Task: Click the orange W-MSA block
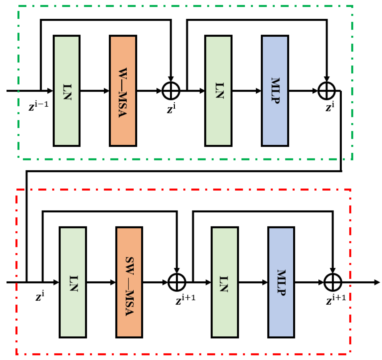click(x=123, y=91)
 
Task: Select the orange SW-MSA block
click(x=129, y=282)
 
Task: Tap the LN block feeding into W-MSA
click(x=67, y=91)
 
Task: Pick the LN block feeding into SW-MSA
click(x=73, y=282)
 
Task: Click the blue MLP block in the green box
click(x=275, y=91)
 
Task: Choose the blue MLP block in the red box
click(x=281, y=282)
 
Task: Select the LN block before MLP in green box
click(x=218, y=91)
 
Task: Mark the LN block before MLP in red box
click(x=225, y=282)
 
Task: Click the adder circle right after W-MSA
click(x=171, y=91)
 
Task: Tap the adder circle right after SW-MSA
click(x=177, y=282)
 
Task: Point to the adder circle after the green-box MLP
click(x=327, y=91)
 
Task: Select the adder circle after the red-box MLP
click(x=333, y=282)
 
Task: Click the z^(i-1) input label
click(x=39, y=105)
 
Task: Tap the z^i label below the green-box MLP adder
click(x=330, y=106)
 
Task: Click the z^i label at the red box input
click(x=40, y=296)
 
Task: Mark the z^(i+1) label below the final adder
click(x=336, y=299)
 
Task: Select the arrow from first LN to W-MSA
click(x=95, y=91)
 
